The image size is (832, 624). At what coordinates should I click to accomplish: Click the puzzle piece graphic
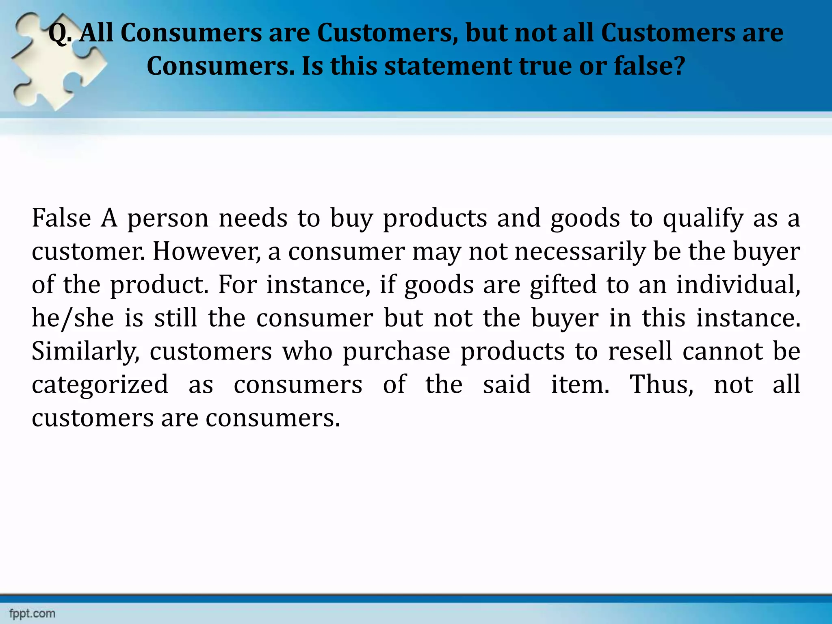point(57,61)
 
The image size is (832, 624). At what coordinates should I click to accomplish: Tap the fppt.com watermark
point(32,613)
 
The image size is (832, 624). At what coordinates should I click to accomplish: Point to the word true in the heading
point(545,66)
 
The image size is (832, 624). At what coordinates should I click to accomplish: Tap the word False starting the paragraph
point(61,218)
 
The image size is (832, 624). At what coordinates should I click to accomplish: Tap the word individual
point(738,285)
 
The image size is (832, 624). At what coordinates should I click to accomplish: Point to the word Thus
point(661,385)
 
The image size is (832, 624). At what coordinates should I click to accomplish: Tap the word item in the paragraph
point(580,385)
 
